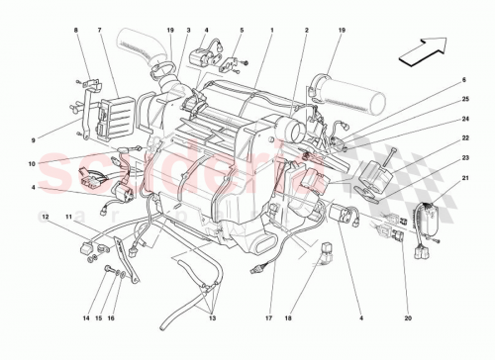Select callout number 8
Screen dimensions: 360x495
(75, 32)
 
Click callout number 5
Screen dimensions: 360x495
(241, 32)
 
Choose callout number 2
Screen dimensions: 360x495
(308, 32)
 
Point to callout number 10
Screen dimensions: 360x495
(33, 163)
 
